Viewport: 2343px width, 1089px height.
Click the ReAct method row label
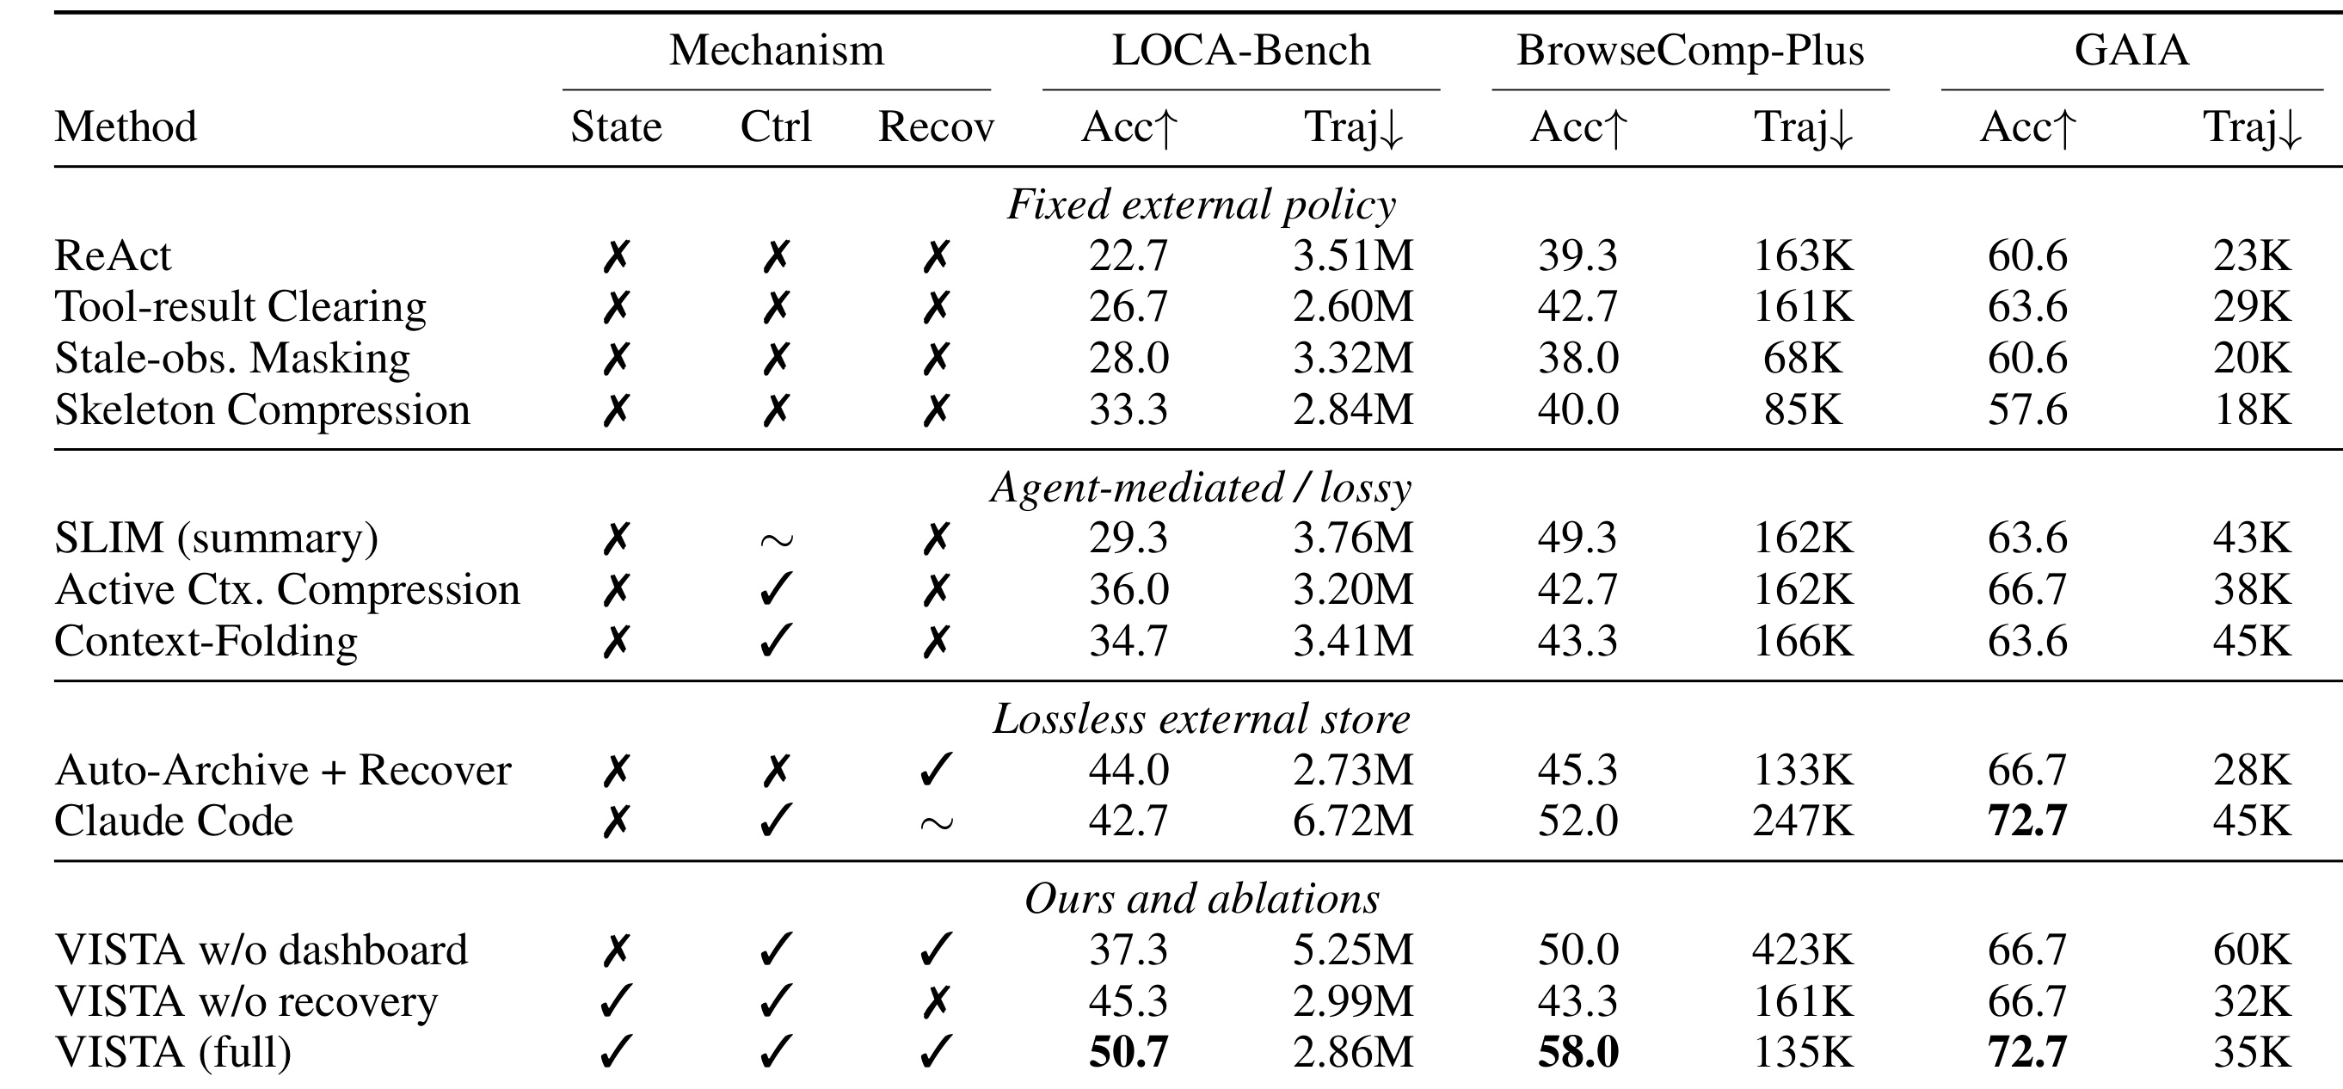(x=113, y=255)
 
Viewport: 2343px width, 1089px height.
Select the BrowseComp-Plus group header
(x=1690, y=51)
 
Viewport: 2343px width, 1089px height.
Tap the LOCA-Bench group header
(x=1240, y=51)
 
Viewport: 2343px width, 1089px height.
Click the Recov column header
(x=936, y=127)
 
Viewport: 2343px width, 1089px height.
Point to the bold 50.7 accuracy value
(x=1128, y=1053)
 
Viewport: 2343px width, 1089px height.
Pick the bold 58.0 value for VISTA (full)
(x=1578, y=1053)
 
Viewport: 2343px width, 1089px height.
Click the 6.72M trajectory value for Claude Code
(x=1353, y=821)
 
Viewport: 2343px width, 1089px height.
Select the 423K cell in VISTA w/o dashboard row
(x=1803, y=951)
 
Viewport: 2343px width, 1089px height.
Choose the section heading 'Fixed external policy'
(x=1201, y=205)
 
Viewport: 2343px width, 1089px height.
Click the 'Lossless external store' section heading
(x=1201, y=719)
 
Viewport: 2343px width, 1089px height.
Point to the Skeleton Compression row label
(x=262, y=410)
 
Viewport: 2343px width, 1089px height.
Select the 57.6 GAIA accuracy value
(x=2027, y=410)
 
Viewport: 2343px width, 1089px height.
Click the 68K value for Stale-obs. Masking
(x=1803, y=359)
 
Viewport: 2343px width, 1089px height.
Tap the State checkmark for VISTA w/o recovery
(x=616, y=1001)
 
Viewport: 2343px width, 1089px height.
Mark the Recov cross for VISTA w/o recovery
(x=936, y=1001)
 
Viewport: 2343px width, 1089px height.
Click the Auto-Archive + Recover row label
(x=283, y=771)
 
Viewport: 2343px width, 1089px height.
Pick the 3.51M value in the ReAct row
(x=1353, y=255)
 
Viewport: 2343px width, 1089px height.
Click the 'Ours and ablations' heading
(x=1201, y=899)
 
